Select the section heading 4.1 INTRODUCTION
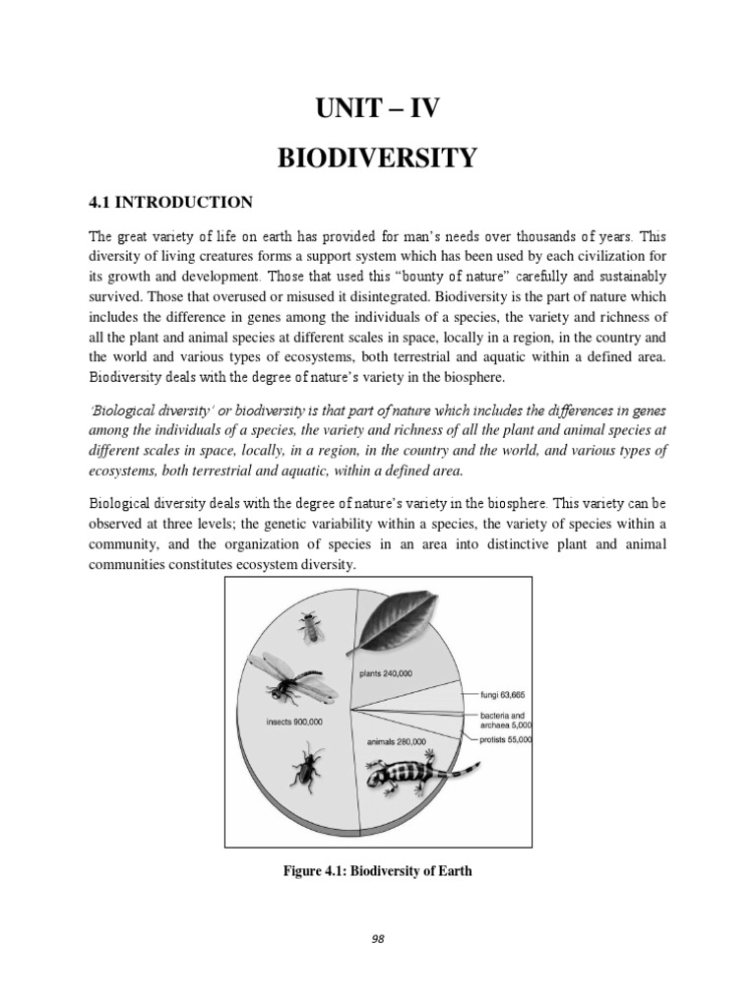[171, 202]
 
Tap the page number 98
[378, 939]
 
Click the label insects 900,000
[294, 721]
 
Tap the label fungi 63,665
[505, 694]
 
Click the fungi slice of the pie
[443, 697]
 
